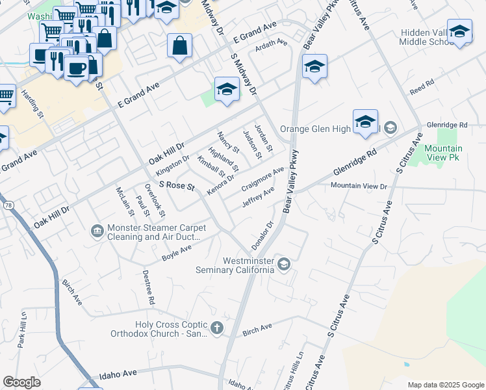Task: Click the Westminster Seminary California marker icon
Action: [x=284, y=264]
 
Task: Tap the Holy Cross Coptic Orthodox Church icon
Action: [x=217, y=328]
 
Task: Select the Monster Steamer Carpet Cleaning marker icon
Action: [x=97, y=231]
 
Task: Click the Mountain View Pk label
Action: [x=443, y=153]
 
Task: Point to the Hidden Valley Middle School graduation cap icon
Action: [x=459, y=32]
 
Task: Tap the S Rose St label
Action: [x=177, y=186]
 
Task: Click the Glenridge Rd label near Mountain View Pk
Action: [x=446, y=124]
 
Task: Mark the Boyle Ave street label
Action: [x=177, y=253]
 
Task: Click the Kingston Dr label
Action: [x=172, y=166]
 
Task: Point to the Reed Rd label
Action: [x=422, y=86]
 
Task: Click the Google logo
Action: [x=22, y=382]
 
